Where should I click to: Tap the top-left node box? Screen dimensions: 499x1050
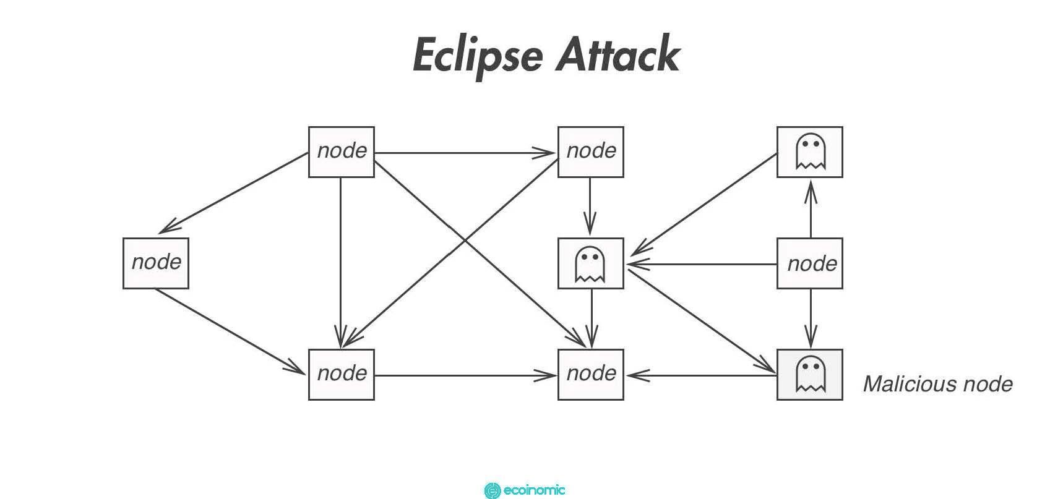tap(341, 152)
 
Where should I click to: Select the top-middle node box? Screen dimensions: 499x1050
tap(590, 152)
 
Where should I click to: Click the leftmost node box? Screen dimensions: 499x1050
tap(155, 263)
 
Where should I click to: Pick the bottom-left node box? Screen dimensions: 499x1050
tap(341, 374)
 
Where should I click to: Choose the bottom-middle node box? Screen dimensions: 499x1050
tap(590, 374)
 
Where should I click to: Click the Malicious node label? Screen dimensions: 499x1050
tap(937, 384)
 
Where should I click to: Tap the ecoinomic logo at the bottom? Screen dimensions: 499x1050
tap(524, 490)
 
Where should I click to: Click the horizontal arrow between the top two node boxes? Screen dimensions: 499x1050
tap(464, 153)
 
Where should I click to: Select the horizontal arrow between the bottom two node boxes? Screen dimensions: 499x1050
tap(464, 375)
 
